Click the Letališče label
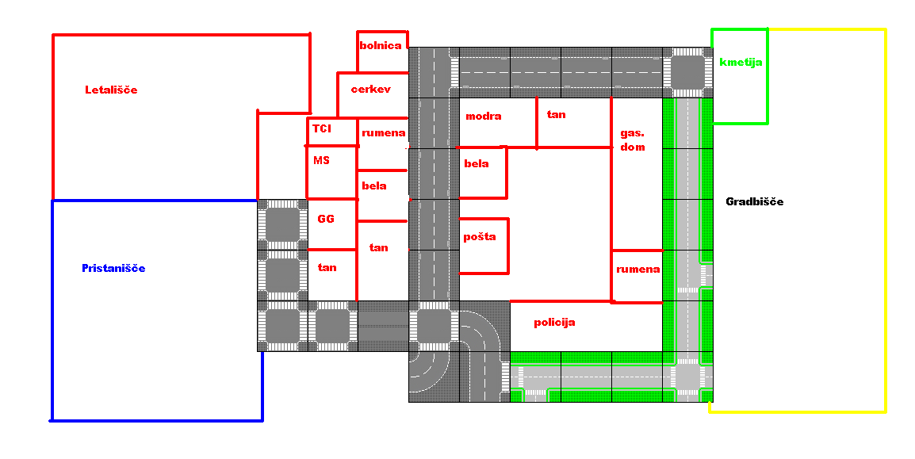click(x=111, y=90)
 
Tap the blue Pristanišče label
click(x=113, y=268)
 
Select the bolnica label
click(x=381, y=45)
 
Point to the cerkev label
click(x=371, y=90)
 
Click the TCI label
click(x=322, y=128)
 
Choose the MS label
click(x=321, y=160)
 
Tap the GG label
click(x=326, y=219)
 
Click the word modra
click(x=484, y=116)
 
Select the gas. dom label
click(x=633, y=140)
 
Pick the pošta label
click(x=480, y=236)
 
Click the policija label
click(x=554, y=322)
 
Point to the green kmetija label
click(x=741, y=62)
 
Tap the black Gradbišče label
click(x=755, y=201)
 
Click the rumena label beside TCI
click(x=384, y=132)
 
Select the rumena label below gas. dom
click(x=637, y=269)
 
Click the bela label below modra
click(x=477, y=163)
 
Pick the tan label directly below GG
click(x=327, y=267)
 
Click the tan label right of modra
click(x=557, y=114)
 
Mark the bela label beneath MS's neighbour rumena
click(x=374, y=186)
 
